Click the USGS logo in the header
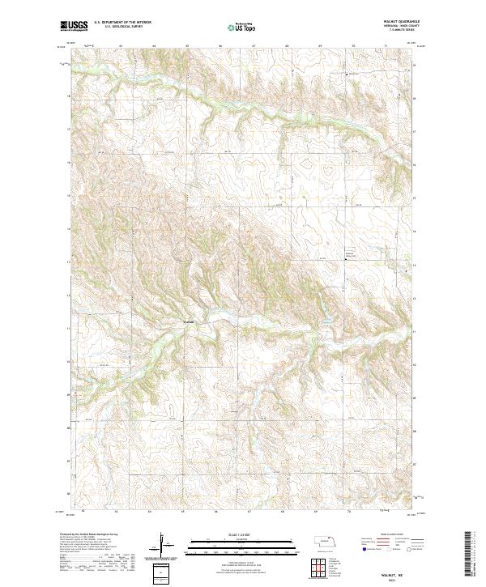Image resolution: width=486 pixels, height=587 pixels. pos(72,27)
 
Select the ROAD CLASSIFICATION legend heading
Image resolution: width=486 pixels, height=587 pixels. pos(392,535)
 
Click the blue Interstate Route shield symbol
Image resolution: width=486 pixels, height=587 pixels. pos(365,548)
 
